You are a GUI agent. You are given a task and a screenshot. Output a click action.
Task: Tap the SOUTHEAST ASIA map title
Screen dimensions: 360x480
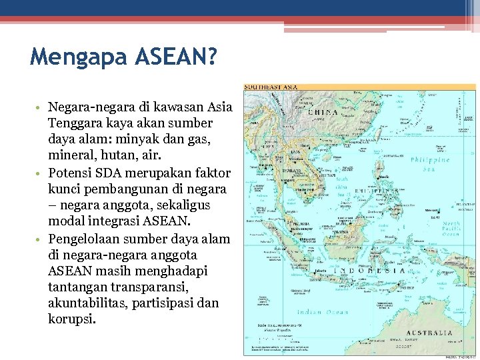(x=271, y=87)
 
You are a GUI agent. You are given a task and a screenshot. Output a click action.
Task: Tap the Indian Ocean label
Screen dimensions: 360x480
(x=319, y=312)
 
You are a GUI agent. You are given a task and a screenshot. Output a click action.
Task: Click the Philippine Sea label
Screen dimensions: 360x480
(x=430, y=164)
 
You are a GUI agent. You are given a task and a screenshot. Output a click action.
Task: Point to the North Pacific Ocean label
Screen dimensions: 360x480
(x=451, y=229)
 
